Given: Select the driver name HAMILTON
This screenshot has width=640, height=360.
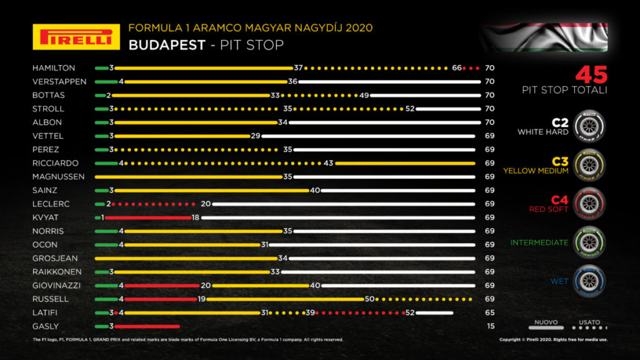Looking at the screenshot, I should [x=54, y=68].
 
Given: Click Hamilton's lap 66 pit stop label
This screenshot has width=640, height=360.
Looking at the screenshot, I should [x=456, y=68].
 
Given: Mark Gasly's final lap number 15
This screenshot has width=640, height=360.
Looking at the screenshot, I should [x=491, y=326].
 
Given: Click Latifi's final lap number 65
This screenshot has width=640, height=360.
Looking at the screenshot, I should [x=491, y=312].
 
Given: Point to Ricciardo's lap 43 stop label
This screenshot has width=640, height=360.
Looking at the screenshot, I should [x=329, y=163].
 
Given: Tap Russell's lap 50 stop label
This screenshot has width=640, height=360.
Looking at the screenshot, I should [x=369, y=299].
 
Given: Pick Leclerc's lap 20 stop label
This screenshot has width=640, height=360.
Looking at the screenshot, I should [x=204, y=204].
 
